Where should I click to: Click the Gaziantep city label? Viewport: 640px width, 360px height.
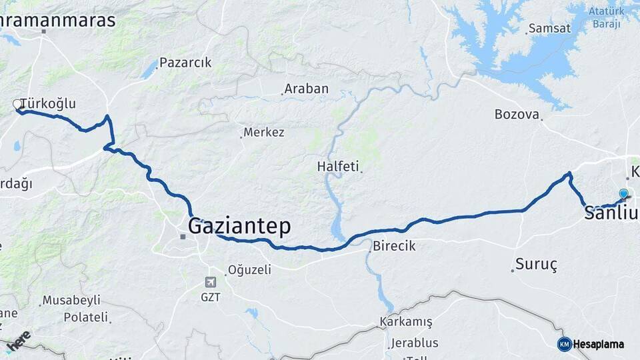click(239, 227)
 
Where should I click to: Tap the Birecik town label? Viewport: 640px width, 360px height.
click(394, 246)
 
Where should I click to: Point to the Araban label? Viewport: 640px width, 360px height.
click(306, 89)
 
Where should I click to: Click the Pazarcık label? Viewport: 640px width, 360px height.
click(185, 63)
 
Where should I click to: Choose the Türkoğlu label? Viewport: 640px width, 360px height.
click(48, 103)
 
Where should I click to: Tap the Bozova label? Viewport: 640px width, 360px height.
click(517, 114)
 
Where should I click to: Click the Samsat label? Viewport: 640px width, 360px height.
click(549, 29)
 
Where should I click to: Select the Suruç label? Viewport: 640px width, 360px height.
click(537, 264)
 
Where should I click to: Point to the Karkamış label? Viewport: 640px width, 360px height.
click(406, 322)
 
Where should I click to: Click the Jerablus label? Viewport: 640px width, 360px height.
click(414, 343)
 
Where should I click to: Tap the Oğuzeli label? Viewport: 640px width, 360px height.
click(249, 270)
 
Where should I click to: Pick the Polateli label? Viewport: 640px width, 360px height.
click(85, 317)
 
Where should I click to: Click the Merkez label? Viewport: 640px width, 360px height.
click(263, 132)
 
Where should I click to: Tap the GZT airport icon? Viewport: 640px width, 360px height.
click(211, 282)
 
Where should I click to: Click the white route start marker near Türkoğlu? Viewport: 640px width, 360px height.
click(18, 104)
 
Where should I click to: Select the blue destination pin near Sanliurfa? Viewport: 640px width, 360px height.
click(623, 194)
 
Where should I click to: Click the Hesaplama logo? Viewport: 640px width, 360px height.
click(591, 344)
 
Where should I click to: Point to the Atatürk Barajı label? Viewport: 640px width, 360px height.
click(605, 17)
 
